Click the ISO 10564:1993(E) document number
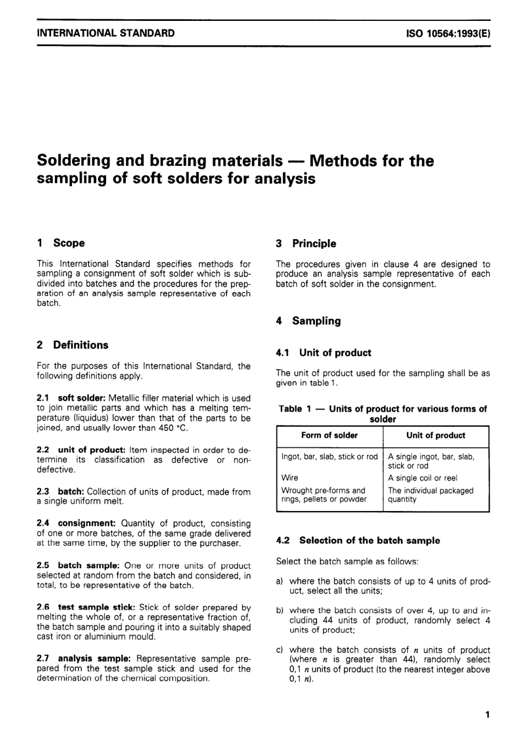448,33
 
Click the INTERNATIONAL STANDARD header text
105,33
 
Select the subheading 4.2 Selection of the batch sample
358,540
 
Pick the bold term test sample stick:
96,607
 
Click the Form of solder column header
329,435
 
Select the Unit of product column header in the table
435,435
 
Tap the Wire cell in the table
290,478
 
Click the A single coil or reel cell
422,478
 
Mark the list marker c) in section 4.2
280,650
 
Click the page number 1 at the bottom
487,714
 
